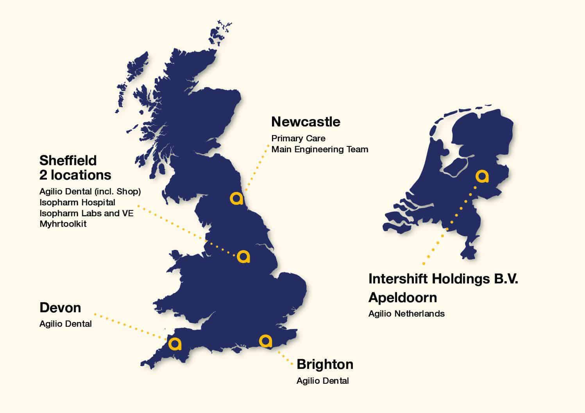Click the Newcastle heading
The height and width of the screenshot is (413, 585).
pos(306,122)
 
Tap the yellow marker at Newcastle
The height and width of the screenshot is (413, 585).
pos(236,198)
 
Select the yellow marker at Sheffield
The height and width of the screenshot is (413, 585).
pos(243,256)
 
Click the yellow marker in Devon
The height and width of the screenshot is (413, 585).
pos(175,344)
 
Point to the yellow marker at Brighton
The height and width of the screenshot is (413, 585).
pos(266,341)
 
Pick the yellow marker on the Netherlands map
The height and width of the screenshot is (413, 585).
pos(482,176)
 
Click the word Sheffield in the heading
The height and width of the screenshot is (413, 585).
pos(68,160)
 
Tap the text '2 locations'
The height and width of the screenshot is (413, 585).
pos(75,175)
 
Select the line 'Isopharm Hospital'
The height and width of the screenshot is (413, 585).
pos(77,203)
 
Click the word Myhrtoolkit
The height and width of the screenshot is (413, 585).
pos(63,224)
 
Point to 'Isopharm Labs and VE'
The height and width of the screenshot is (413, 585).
pos(86,213)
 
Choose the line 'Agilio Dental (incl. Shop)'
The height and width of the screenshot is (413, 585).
pos(90,192)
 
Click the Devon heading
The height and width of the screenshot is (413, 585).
pos(60,308)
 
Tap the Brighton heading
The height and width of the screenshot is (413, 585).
pos(325,364)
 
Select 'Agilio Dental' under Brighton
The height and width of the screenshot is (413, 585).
pos(322,381)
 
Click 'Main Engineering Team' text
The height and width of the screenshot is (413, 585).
pos(320,149)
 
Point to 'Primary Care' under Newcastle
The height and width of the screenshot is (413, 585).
pos(298,138)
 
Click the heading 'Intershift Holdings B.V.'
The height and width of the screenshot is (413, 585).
pos(443,279)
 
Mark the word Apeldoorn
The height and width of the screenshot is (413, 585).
pos(403,297)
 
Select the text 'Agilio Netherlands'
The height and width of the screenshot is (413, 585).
pos(406,313)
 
